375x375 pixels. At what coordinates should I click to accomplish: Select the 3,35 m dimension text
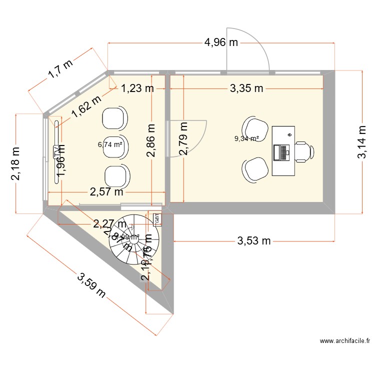[246, 89]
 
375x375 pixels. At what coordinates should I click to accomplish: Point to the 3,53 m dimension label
[253, 241]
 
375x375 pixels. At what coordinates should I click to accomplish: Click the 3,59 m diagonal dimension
[91, 284]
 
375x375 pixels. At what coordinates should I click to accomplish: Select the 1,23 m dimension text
[136, 89]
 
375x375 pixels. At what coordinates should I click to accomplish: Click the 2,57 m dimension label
[106, 191]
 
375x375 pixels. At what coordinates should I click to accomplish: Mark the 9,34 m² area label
[246, 139]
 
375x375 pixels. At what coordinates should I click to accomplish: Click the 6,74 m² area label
[110, 144]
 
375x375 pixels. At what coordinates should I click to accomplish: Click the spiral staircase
[133, 241]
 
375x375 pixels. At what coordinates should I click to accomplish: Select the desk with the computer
[283, 151]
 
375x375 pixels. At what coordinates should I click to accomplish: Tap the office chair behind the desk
[305, 151]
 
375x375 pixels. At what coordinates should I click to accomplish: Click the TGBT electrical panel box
[156, 219]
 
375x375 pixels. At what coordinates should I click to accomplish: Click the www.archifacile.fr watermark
[344, 341]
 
